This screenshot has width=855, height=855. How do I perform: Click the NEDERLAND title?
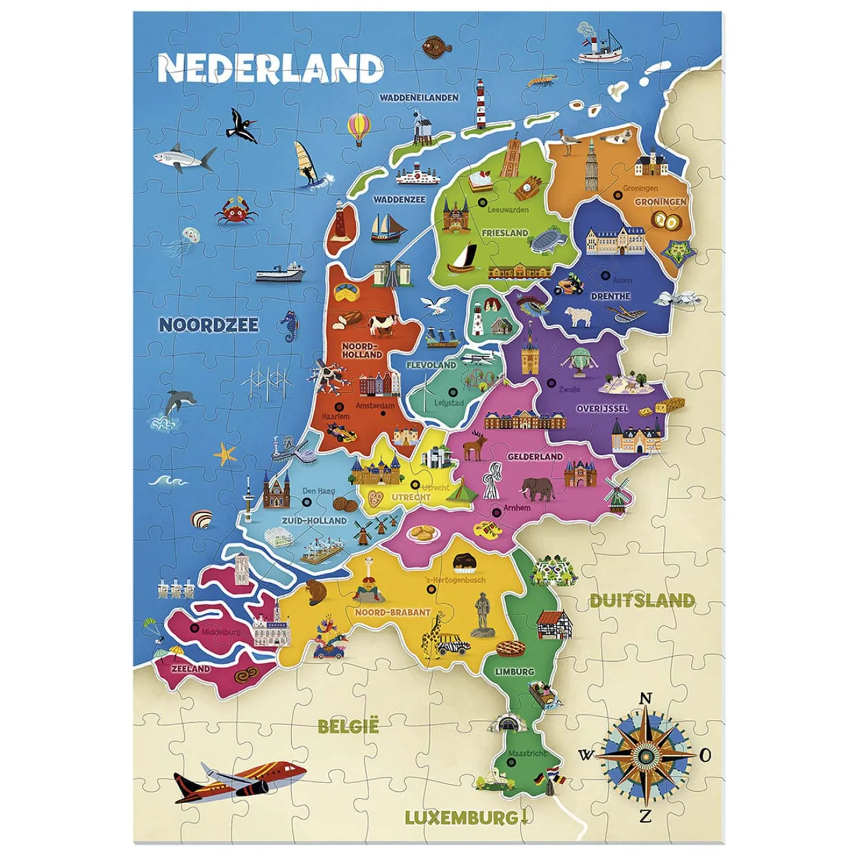(270, 68)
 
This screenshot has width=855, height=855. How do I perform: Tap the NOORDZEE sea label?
(209, 325)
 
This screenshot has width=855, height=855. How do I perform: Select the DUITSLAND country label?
(642, 600)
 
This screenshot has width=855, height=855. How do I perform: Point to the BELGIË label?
(348, 726)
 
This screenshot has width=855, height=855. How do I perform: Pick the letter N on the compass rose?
(645, 698)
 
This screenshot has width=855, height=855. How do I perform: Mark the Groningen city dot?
(617, 195)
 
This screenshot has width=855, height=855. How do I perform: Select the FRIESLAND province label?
(504, 233)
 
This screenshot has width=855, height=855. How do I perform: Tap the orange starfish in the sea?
(225, 454)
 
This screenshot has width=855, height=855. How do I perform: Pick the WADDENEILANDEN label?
(419, 97)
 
